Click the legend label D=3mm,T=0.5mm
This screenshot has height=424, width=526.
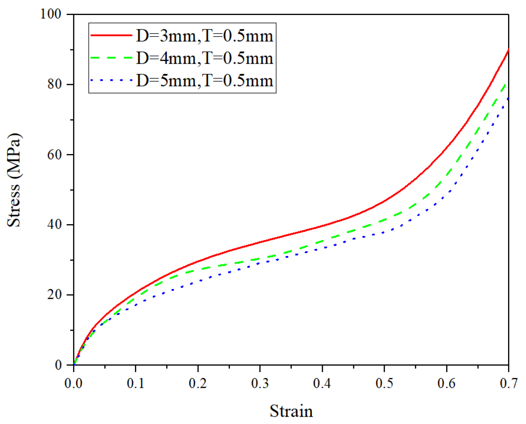[x=205, y=36]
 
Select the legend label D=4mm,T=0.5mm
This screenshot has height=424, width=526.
[x=205, y=58]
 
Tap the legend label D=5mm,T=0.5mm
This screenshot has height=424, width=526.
[x=205, y=80]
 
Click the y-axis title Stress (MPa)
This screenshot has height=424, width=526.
[x=14, y=180]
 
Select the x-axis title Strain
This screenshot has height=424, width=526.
[x=291, y=411]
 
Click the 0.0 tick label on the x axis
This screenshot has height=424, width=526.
[x=74, y=383]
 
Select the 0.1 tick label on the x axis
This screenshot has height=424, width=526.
[x=136, y=383]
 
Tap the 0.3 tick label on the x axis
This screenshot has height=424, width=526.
[x=260, y=383]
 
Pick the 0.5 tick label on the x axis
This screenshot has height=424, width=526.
[x=384, y=383]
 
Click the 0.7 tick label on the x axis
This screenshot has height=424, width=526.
[x=508, y=383]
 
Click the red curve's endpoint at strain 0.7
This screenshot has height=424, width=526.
[x=508, y=50]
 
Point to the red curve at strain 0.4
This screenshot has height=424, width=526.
[x=322, y=225]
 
